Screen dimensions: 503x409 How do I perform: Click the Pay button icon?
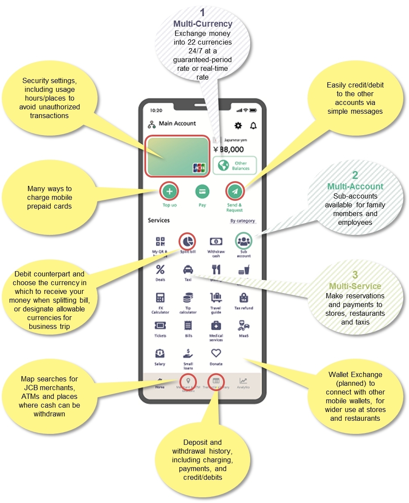point(202,191)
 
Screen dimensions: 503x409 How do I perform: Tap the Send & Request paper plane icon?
point(234,191)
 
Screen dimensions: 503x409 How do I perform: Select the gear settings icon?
point(238,126)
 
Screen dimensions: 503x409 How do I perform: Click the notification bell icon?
point(253,126)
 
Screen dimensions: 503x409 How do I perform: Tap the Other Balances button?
point(234,165)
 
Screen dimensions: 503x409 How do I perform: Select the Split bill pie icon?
point(188,241)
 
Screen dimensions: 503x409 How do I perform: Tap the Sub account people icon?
point(244,241)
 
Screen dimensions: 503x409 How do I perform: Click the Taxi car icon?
point(188,269)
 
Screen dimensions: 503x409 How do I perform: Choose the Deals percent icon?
point(160,269)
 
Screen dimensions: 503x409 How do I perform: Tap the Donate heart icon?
point(216,353)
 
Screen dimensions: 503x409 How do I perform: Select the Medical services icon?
point(216,325)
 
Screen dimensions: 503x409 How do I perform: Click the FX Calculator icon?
point(160,298)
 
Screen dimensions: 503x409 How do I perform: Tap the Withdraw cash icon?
point(216,241)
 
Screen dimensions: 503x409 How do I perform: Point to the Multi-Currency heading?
point(203,24)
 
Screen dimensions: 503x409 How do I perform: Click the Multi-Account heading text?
point(355,187)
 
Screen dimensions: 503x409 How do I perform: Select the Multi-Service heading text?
point(355,286)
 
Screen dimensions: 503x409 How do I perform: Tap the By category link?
point(243,221)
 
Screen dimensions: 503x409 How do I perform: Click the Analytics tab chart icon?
point(243,381)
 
